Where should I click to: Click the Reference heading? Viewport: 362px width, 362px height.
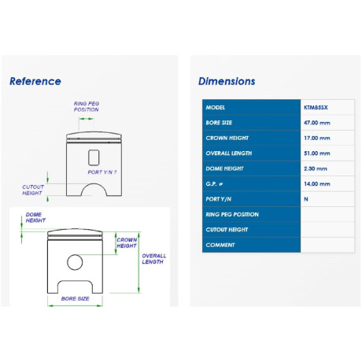click(35, 81)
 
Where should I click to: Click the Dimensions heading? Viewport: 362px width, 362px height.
click(227, 81)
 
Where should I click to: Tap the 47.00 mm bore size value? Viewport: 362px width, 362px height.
click(317, 123)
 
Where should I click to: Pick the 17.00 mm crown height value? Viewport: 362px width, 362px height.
click(317, 138)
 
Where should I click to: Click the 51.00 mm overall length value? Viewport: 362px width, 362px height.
click(317, 153)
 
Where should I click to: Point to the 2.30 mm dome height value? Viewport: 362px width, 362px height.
click(316, 168)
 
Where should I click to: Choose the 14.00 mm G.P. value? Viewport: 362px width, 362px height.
click(317, 184)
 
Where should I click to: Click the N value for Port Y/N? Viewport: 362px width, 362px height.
click(306, 199)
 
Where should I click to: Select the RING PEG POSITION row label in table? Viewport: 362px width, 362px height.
click(232, 214)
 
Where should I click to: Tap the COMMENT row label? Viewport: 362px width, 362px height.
click(220, 245)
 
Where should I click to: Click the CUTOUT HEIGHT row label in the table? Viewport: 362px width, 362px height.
click(227, 230)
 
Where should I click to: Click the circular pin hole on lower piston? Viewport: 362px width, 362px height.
click(75, 262)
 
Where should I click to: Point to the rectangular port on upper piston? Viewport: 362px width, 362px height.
click(94, 157)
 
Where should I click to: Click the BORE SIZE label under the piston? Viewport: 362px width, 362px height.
click(75, 298)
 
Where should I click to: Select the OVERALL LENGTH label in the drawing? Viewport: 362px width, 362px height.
click(154, 259)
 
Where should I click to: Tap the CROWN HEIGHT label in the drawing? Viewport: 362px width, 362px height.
click(127, 243)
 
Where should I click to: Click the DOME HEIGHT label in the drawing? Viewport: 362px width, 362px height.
click(35, 217)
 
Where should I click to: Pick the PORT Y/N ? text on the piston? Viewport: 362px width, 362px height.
click(102, 172)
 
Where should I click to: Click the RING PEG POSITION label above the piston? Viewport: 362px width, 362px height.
click(87, 106)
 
